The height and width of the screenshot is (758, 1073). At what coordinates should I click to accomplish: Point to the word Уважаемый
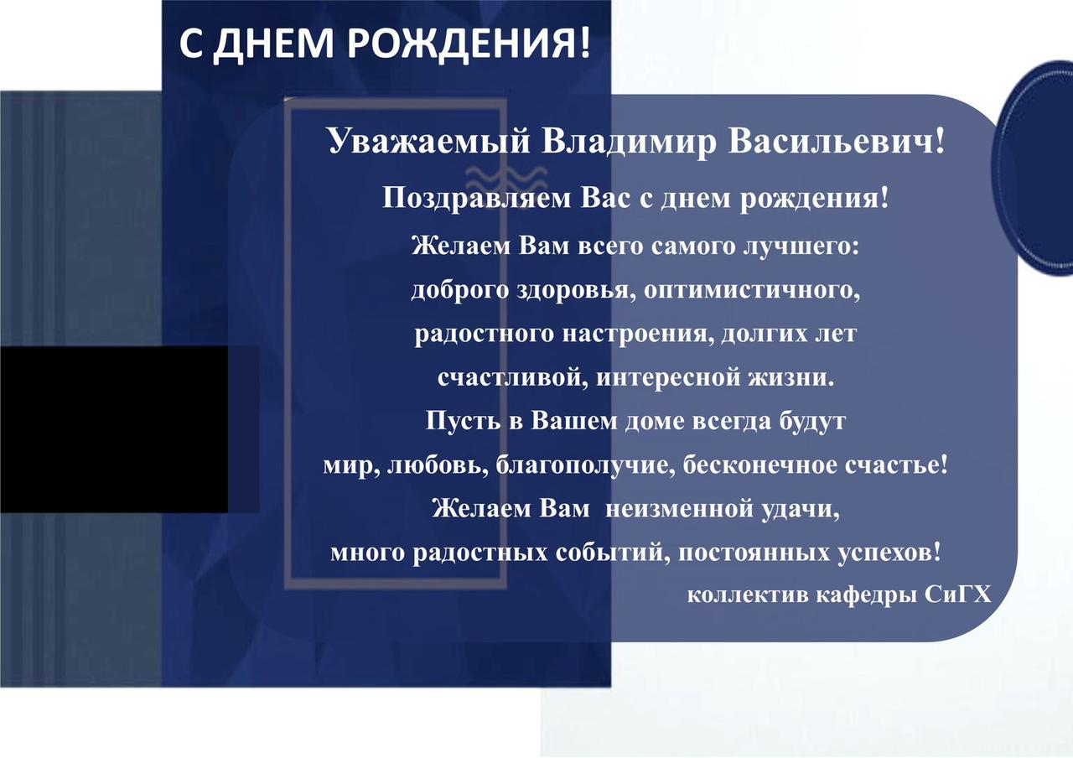(x=429, y=143)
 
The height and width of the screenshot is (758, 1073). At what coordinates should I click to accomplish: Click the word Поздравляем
(x=476, y=199)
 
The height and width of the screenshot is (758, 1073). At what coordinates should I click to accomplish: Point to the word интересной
(x=668, y=378)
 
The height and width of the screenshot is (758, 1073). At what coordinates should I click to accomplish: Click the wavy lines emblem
(x=505, y=181)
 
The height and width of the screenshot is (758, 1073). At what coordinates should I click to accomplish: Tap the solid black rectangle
(x=114, y=429)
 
